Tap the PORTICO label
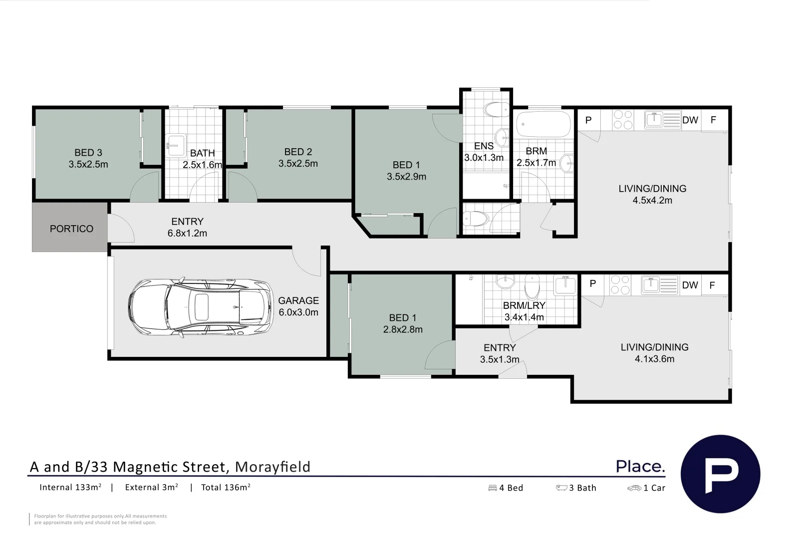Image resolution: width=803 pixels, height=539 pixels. (71, 229)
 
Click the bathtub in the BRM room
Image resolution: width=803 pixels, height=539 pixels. (543, 124)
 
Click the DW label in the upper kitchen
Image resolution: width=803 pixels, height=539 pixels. (690, 120)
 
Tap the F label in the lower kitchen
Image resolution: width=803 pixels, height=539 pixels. (712, 285)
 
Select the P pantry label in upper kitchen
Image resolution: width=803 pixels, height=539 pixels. (588, 120)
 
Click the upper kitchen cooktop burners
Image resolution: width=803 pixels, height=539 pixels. (623, 120)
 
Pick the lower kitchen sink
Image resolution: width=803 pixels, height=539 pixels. (651, 285)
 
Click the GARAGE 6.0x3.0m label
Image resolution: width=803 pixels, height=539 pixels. (298, 306)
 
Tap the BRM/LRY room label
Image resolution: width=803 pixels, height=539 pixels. (524, 305)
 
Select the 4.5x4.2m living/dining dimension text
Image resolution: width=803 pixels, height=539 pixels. (652, 201)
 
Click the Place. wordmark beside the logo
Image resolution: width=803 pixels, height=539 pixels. (640, 467)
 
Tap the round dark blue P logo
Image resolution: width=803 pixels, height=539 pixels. (720, 474)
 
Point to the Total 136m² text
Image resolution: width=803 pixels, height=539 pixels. (226, 488)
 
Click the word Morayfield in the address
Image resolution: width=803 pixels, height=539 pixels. (272, 467)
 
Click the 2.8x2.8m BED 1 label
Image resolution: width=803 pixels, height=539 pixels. (403, 329)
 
